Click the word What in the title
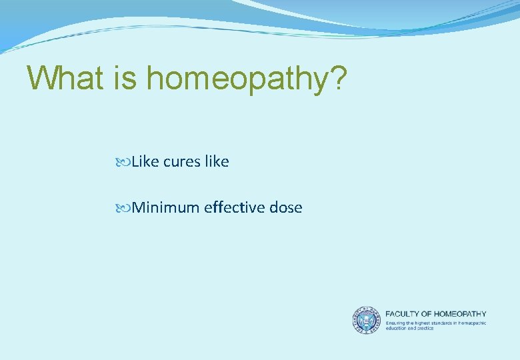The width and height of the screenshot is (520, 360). point(65,79)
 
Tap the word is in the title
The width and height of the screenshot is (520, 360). point(125,79)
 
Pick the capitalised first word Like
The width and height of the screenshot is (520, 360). point(143,161)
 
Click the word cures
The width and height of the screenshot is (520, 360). point(181,162)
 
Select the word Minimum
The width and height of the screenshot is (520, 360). point(165,207)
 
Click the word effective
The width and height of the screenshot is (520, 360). point(234,207)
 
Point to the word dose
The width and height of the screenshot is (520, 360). point(286,207)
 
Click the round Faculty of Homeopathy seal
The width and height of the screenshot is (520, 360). point(366,320)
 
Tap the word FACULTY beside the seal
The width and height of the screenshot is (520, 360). point(404,314)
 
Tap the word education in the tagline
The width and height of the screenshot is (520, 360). point(397,328)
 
